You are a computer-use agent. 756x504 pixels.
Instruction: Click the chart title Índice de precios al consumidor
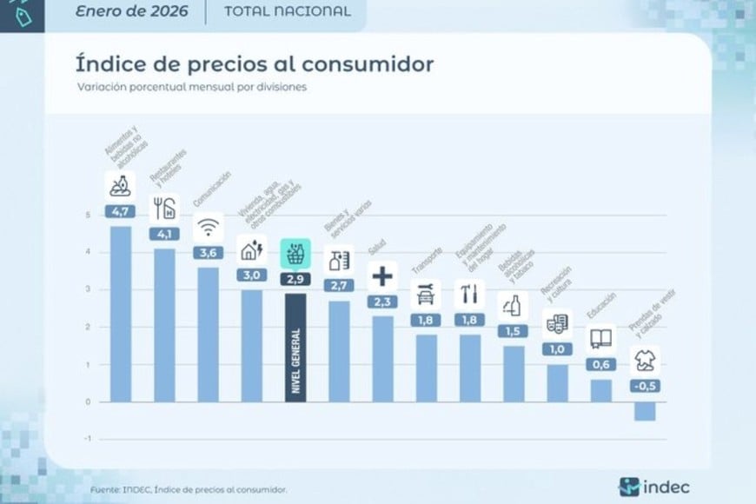coord(255,64)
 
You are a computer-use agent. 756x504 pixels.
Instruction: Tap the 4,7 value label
coord(119,211)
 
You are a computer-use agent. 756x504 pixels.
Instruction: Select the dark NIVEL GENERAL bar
coord(295,348)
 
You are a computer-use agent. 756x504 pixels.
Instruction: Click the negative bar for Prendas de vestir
coord(645,411)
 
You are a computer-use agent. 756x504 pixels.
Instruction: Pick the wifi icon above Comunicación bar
coord(208,229)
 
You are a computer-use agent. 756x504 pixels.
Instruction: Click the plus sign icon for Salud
coord(382,277)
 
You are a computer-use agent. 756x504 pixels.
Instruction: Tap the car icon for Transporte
coord(426,295)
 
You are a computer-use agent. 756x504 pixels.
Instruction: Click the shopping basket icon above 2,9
coord(295,255)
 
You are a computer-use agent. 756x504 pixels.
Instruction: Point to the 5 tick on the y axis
coord(88,215)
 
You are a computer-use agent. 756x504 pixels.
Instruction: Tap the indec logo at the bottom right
coord(655,485)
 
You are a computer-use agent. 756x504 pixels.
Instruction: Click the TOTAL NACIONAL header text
coord(287,11)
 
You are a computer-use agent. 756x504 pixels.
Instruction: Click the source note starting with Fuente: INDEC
coord(189,489)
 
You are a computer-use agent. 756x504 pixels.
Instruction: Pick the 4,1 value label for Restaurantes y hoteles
coord(163,234)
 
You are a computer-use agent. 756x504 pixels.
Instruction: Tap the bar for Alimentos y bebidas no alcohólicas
coord(120,313)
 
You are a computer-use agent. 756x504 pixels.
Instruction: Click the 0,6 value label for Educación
coord(600,364)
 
